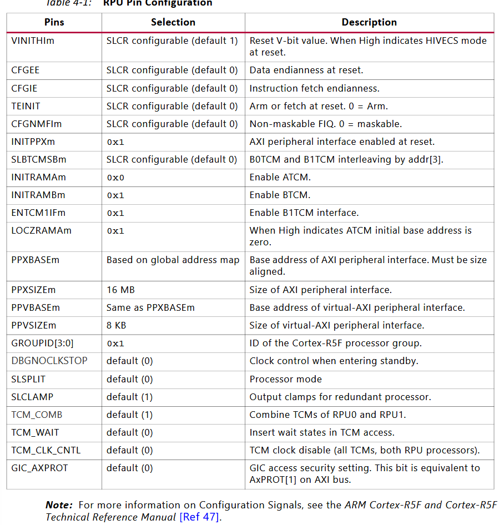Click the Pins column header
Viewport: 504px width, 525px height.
point(54,22)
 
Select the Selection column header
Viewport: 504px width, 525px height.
point(173,22)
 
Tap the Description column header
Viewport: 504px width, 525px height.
point(369,22)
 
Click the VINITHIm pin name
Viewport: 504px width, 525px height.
point(33,41)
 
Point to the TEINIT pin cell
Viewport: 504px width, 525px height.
point(26,106)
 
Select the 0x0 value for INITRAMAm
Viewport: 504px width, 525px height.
point(115,178)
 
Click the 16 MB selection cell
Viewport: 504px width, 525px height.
point(120,290)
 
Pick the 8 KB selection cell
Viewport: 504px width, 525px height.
point(116,325)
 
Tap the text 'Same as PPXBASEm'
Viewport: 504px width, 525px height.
point(150,307)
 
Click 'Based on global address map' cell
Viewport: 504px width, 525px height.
point(173,260)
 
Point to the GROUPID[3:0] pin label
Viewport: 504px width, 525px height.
point(42,343)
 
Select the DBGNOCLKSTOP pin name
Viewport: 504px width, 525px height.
point(49,361)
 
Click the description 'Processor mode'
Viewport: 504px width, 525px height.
point(285,379)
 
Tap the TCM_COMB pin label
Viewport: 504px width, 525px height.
point(37,415)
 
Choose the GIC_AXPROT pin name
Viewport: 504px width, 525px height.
point(39,468)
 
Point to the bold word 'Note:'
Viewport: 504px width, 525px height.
point(59,505)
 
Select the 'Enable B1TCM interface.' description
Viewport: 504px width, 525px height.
point(304,213)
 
